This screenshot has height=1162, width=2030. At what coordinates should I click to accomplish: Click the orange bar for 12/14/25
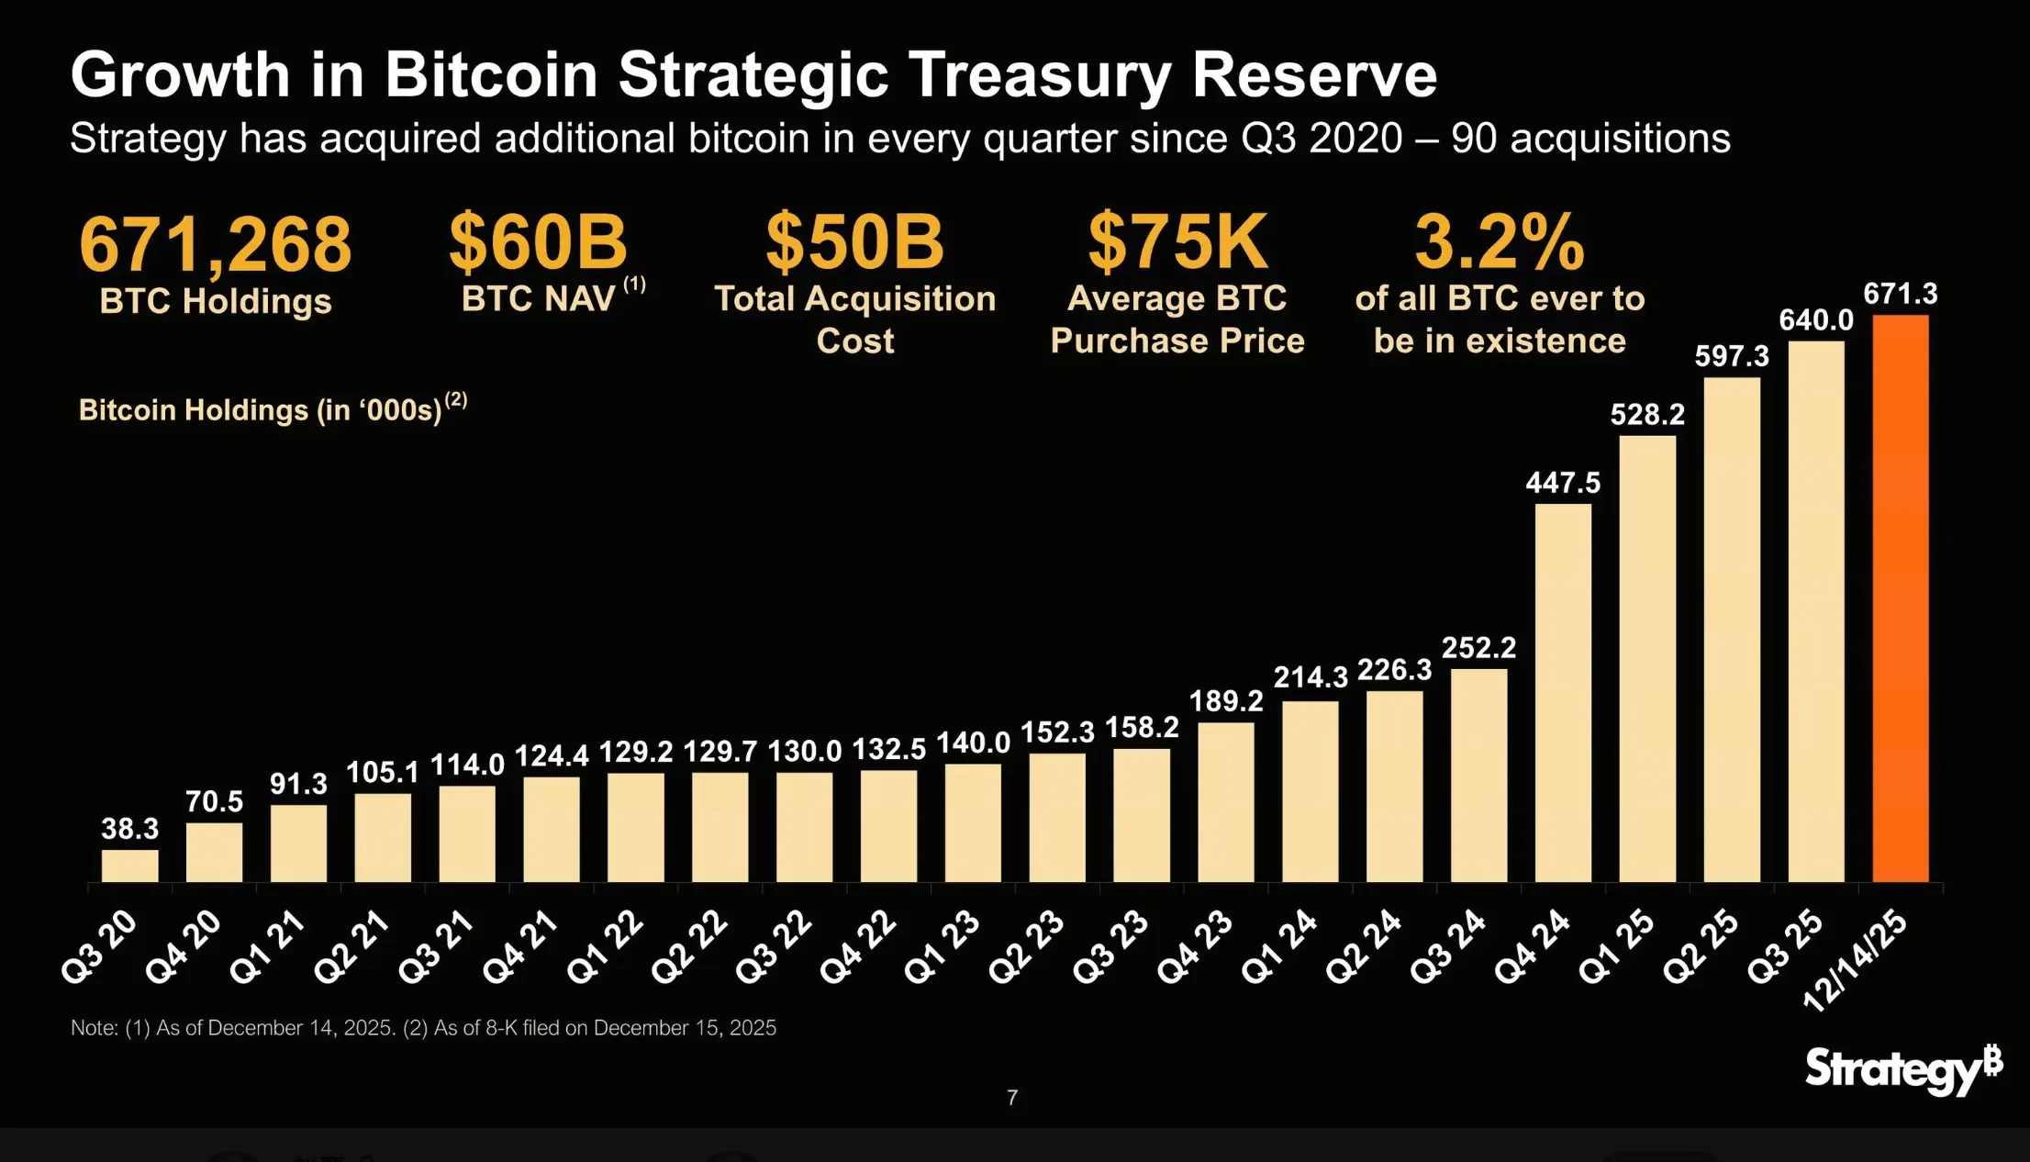tap(1900, 598)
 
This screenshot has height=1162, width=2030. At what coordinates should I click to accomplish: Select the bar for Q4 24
tap(1563, 693)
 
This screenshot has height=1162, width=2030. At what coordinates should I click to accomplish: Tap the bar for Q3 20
tap(129, 866)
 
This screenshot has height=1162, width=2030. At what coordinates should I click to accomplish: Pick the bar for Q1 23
tap(973, 822)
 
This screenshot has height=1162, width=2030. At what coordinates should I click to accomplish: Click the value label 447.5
tap(1563, 483)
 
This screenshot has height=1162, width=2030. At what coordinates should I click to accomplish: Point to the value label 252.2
tap(1478, 648)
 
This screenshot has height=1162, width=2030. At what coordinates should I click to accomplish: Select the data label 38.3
tap(129, 829)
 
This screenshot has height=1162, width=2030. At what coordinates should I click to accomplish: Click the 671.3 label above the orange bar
tap(1900, 295)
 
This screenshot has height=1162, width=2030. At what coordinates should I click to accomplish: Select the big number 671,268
tap(215, 244)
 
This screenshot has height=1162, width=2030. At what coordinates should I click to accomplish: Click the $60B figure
tap(538, 241)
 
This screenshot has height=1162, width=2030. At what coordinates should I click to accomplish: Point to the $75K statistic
tap(1177, 241)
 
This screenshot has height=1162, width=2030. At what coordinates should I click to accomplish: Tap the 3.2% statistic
tap(1500, 241)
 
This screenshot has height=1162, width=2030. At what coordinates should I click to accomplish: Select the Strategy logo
tap(1902, 1070)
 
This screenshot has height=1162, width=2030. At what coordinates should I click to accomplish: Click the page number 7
tap(1012, 1098)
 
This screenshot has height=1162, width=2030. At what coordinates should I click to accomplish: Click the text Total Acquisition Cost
tap(854, 319)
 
